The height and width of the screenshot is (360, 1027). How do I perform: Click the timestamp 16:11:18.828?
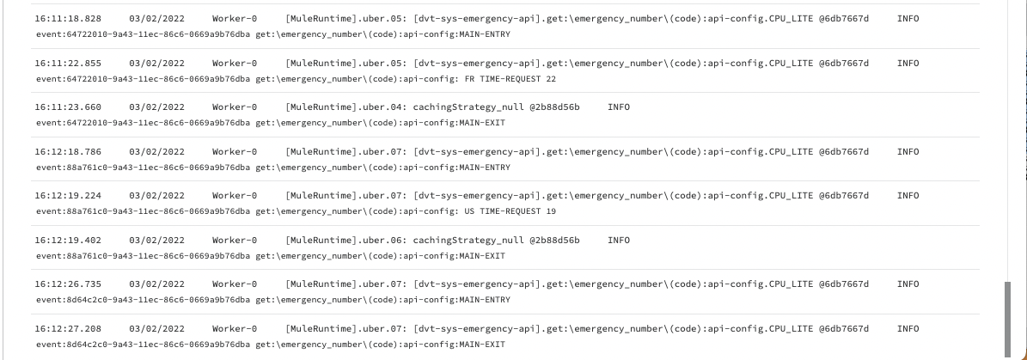click(68, 19)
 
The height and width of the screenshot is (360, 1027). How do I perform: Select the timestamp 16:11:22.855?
click(68, 64)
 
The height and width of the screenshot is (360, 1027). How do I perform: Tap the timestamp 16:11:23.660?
click(68, 107)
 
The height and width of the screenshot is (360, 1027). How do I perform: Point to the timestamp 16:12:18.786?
click(68, 152)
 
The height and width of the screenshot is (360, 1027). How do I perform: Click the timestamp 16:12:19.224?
click(68, 196)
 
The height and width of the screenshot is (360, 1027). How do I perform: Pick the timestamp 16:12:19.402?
click(68, 241)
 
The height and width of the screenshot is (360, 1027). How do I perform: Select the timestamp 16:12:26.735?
click(68, 284)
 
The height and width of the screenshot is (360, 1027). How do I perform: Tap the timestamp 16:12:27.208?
click(68, 328)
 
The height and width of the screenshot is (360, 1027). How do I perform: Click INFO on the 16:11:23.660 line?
click(618, 107)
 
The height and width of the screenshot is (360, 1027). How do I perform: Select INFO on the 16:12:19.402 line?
click(618, 241)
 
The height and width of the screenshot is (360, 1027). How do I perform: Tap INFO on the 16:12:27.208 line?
click(908, 328)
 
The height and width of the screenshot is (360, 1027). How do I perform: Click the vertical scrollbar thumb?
click(1008, 320)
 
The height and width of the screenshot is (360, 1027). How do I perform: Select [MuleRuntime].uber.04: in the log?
click(346, 107)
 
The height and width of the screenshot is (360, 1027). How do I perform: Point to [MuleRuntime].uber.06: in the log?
click(346, 241)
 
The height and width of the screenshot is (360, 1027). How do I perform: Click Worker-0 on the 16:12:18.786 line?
click(235, 152)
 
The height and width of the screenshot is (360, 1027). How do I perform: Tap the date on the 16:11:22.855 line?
click(156, 64)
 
